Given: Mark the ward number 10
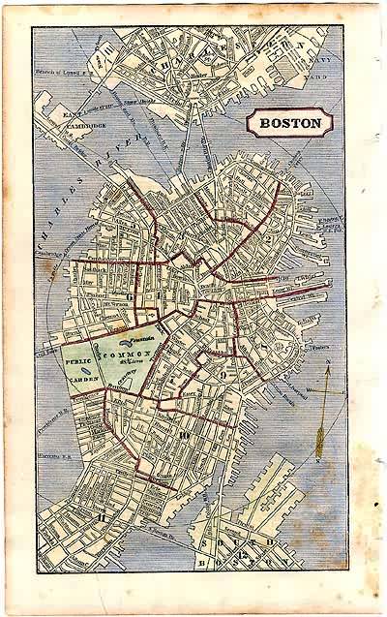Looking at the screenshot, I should (x=184, y=434).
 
